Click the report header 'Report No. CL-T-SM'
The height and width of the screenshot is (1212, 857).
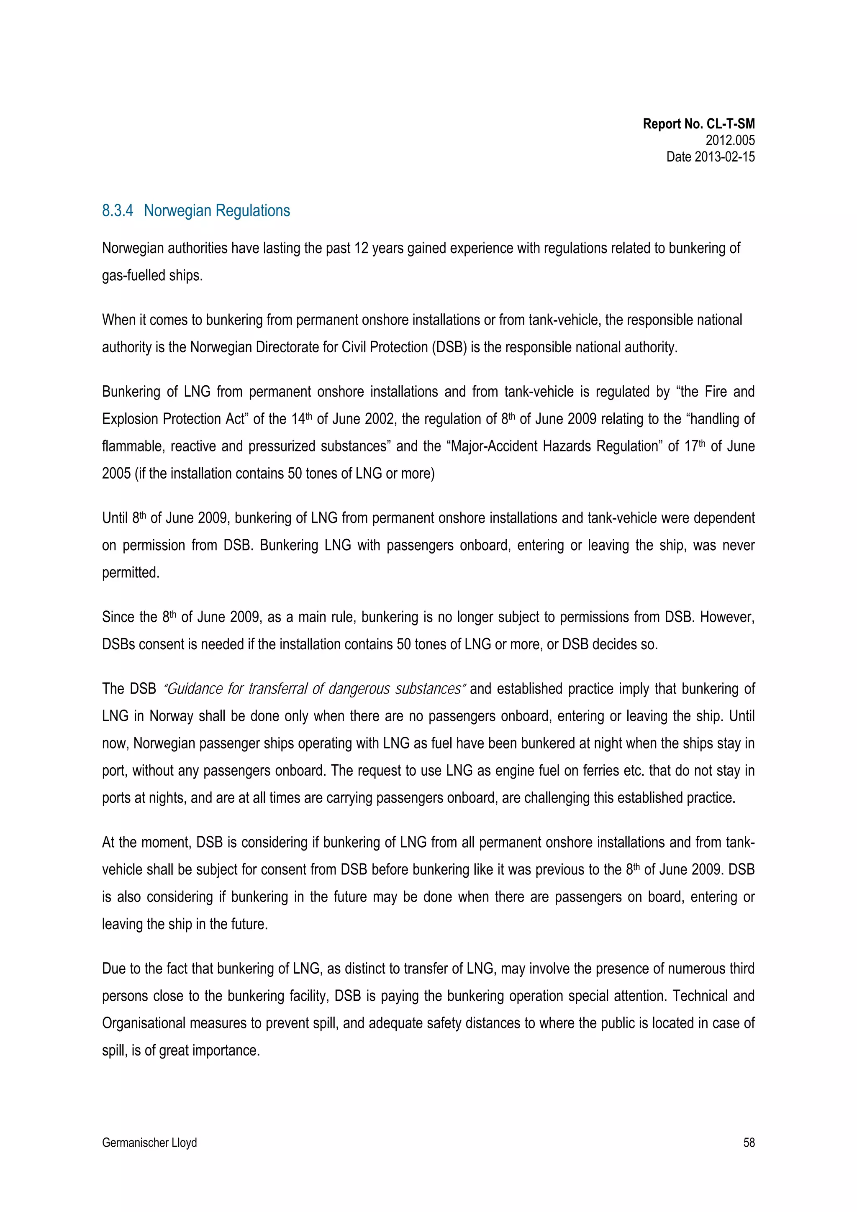[698, 124]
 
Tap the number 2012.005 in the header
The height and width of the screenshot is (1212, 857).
[730, 141]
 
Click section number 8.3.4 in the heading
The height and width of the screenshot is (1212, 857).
[117, 210]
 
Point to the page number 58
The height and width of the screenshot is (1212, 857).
[748, 1142]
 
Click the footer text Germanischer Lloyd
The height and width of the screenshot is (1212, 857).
[149, 1142]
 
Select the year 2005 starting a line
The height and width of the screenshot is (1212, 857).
[116, 474]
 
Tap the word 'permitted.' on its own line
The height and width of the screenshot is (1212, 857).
[131, 573]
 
